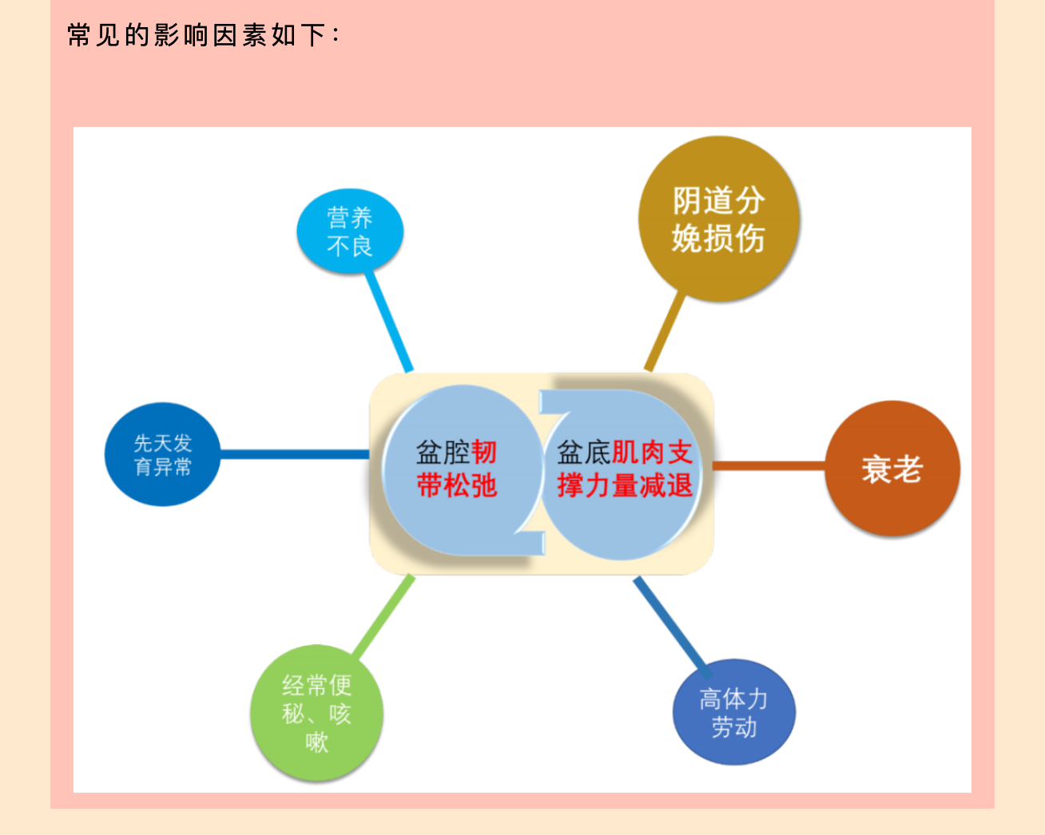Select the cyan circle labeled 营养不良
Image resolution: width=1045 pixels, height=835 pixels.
point(350,231)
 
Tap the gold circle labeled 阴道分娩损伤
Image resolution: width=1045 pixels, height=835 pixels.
point(719,219)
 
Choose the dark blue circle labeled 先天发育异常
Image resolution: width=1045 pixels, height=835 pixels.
point(163,454)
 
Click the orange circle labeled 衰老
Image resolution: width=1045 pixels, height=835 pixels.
point(892,469)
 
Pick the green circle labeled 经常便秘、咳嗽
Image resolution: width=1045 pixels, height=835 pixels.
point(316,713)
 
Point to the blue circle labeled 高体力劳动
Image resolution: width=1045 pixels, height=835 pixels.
point(733,712)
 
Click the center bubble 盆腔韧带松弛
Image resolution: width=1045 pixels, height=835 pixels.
point(463,469)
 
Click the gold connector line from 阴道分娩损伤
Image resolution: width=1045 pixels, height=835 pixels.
point(664,332)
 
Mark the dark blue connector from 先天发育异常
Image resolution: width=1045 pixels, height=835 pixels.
point(295,454)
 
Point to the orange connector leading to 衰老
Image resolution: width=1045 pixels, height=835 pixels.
point(769,465)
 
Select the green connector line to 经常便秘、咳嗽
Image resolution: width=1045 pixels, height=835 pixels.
point(383,615)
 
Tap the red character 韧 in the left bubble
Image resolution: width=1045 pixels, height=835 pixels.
point(484,452)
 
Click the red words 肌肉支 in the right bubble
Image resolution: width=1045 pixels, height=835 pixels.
point(652,452)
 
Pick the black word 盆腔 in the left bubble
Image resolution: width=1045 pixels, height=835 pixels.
point(443,452)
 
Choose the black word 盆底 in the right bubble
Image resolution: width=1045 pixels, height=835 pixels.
point(584,452)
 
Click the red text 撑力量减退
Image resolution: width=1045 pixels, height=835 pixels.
point(625,485)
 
